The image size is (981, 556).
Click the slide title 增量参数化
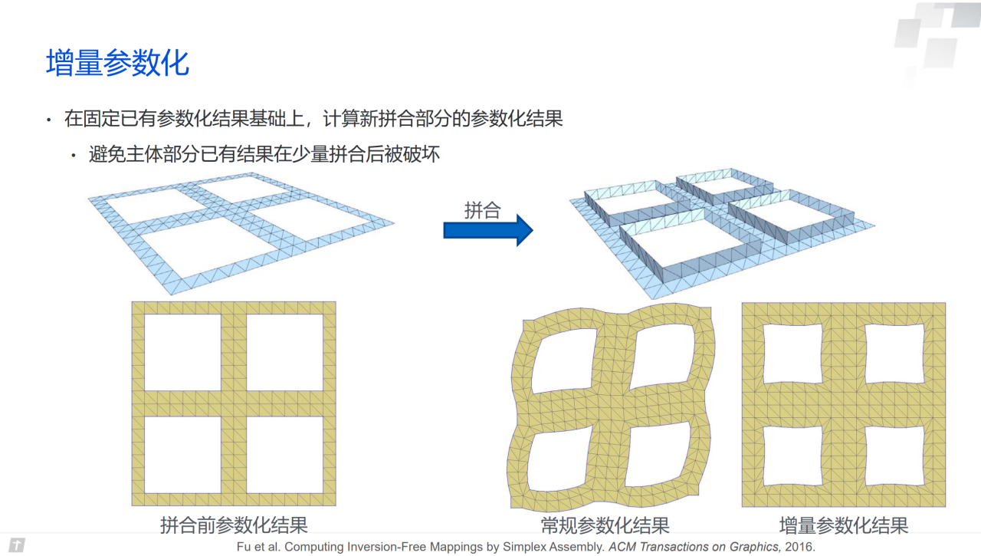pyautogui.click(x=117, y=63)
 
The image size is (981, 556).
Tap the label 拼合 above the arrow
pyautogui.click(x=482, y=211)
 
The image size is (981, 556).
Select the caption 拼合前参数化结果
pyautogui.click(x=234, y=525)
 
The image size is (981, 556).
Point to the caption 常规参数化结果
pyautogui.click(x=605, y=525)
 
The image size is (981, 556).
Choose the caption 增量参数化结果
pyautogui.click(x=844, y=525)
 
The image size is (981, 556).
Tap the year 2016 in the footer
pyautogui.click(x=799, y=547)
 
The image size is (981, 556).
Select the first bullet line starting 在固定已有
pyautogui.click(x=313, y=119)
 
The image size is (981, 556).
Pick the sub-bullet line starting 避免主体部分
pyautogui.click(x=264, y=154)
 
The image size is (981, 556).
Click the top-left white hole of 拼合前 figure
pyautogui.click(x=182, y=352)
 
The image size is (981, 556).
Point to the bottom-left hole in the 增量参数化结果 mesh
pyautogui.click(x=793, y=455)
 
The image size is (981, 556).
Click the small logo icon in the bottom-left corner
pyautogui.click(x=16, y=545)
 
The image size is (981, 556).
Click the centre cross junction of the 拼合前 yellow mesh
pyautogui.click(x=234, y=403)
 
